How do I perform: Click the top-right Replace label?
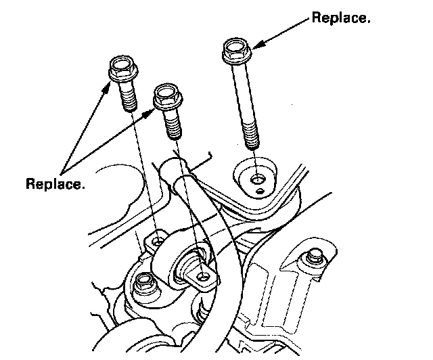(x=340, y=18)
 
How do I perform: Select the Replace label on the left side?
(x=55, y=183)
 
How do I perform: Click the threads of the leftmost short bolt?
(x=129, y=99)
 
